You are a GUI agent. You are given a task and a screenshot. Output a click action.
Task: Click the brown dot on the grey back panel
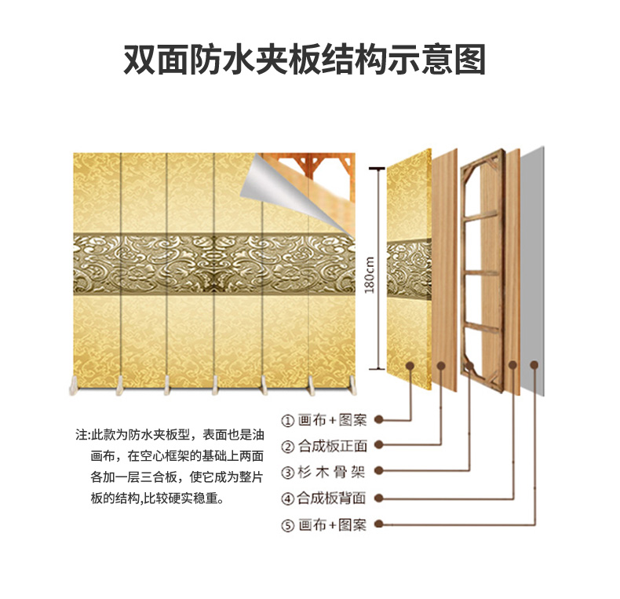click(534, 365)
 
